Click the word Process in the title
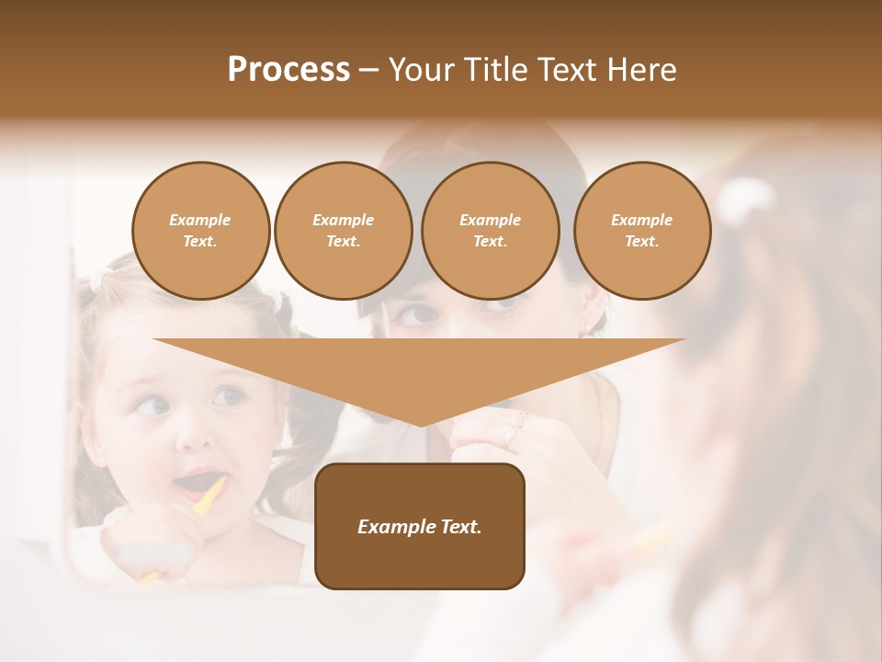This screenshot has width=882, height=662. click(x=288, y=70)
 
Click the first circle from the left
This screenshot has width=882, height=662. click(x=200, y=231)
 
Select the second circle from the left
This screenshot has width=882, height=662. click(x=343, y=231)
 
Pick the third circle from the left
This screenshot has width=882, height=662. click(x=490, y=231)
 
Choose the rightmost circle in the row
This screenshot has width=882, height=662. click(x=641, y=231)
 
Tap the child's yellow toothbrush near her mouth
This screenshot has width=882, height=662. click(x=211, y=495)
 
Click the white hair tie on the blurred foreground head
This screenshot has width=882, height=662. click(x=745, y=195)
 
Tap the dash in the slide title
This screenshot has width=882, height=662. click(x=368, y=70)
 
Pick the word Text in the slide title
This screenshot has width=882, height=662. click(x=569, y=70)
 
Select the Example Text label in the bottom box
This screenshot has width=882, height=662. click(x=420, y=527)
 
